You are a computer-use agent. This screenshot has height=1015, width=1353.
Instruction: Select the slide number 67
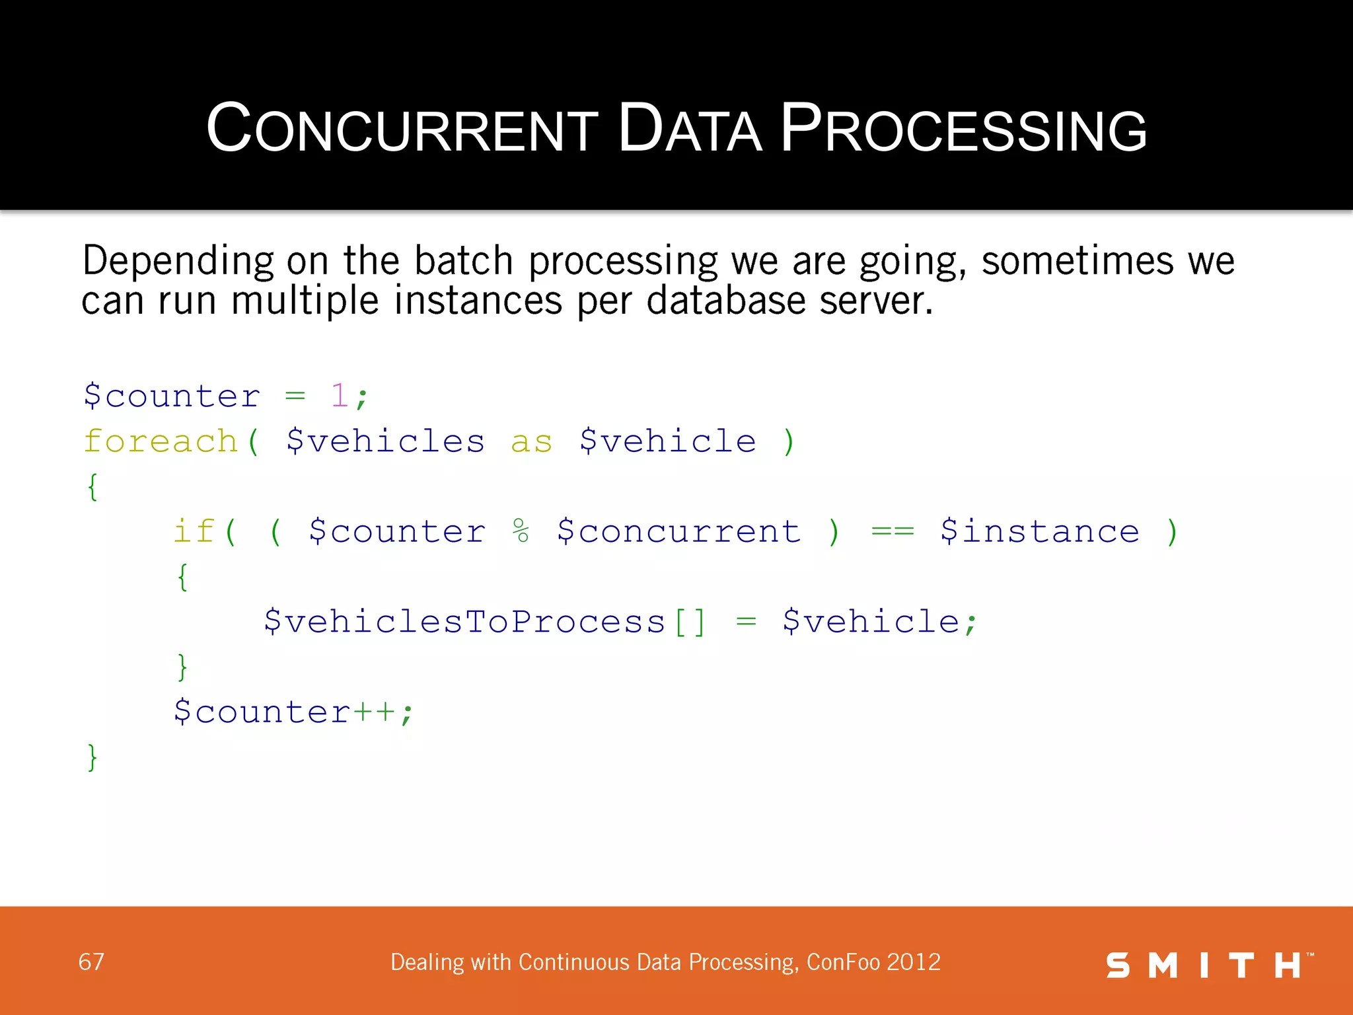pos(91,961)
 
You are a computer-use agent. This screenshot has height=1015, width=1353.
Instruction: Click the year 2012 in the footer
pos(914,962)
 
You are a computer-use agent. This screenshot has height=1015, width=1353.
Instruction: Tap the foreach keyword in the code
pos(161,441)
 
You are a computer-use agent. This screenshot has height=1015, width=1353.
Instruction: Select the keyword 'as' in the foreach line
pos(531,442)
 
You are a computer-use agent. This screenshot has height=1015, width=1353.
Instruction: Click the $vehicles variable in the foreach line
pos(385,441)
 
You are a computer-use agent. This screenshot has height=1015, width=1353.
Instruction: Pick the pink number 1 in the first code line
pos(339,396)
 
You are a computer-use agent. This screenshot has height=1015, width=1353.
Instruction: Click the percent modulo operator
pos(521,531)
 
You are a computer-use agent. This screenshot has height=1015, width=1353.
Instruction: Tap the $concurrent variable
pos(678,532)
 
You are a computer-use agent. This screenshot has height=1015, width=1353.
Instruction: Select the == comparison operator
pos(892,531)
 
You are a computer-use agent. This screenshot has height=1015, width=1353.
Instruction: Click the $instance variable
pos(1039,532)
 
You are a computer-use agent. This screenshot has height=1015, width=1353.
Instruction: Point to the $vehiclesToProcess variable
pos(464,622)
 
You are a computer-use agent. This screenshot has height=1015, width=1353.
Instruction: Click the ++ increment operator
pos(374,712)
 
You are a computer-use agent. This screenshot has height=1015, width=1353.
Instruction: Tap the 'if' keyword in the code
pos(194,531)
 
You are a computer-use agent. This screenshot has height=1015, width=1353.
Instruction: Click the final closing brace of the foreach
pos(92,757)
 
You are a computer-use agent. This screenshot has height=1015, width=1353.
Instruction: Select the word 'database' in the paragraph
pos(725,301)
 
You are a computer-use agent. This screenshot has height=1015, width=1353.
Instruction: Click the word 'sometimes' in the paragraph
pos(1077,261)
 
